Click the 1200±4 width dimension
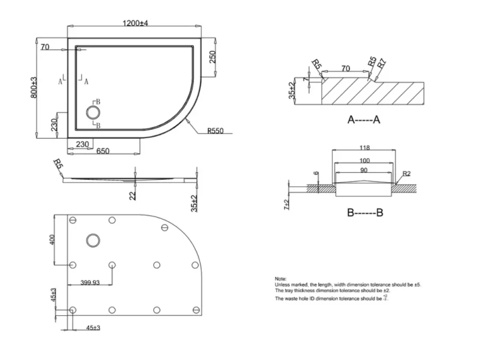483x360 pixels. pos(134,23)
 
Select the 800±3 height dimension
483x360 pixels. pos(34,87)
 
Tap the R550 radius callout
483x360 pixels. pos(217,130)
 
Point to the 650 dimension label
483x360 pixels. pos(103,151)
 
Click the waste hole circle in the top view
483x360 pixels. pos(93,112)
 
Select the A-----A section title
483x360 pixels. pos(364,120)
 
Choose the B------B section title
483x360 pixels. pos(365,213)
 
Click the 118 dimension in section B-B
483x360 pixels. pos(365,148)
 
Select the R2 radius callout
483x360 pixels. pos(407,173)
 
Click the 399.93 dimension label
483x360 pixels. pos(91,283)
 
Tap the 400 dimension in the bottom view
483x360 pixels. pos(52,240)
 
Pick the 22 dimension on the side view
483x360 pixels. pos(132,195)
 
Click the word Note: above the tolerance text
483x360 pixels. pos(281,279)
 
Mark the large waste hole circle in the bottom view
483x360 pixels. pos(94,240)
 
